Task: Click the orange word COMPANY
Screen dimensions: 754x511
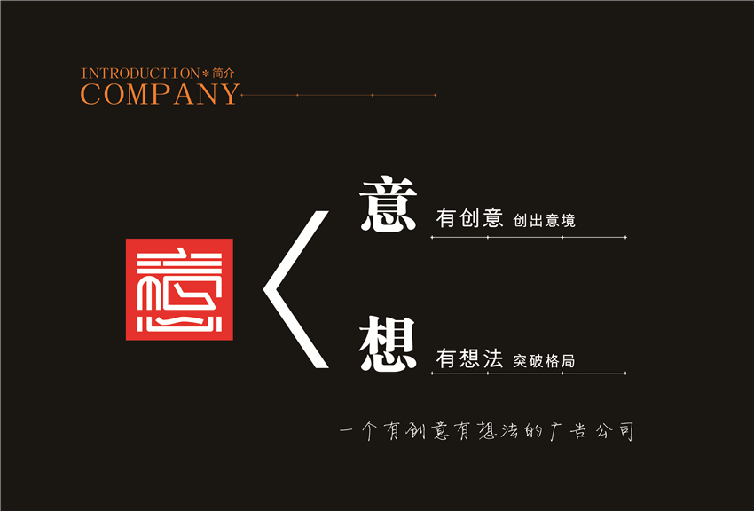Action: (160, 94)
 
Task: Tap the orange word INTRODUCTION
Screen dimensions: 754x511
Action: (140, 74)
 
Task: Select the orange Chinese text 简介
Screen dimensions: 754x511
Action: (224, 73)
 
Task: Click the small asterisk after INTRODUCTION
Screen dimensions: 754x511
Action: (206, 74)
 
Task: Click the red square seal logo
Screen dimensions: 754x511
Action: (179, 289)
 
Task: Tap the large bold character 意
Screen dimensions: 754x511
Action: (388, 204)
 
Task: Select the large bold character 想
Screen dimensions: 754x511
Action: (388, 344)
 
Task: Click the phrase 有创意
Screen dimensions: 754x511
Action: (469, 217)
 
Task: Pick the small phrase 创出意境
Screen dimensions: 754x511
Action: (544, 221)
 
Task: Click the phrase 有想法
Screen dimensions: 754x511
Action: (469, 358)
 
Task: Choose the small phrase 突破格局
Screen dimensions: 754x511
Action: (544, 360)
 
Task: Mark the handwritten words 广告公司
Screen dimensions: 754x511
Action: (591, 431)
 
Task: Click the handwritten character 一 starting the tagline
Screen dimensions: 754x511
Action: (346, 429)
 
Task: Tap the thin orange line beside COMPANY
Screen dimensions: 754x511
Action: (339, 95)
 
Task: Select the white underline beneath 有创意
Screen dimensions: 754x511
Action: (529, 237)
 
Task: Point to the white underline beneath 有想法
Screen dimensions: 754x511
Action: (529, 373)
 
